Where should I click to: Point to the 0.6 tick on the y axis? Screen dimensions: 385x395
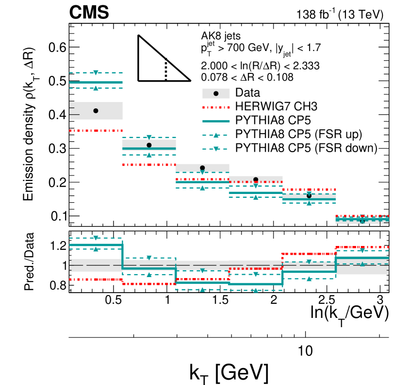coord(58,48)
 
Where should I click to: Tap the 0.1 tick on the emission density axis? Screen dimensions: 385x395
coord(58,216)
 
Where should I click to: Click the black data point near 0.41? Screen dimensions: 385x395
coord(96,111)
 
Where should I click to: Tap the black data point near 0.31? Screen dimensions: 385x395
coord(149,145)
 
